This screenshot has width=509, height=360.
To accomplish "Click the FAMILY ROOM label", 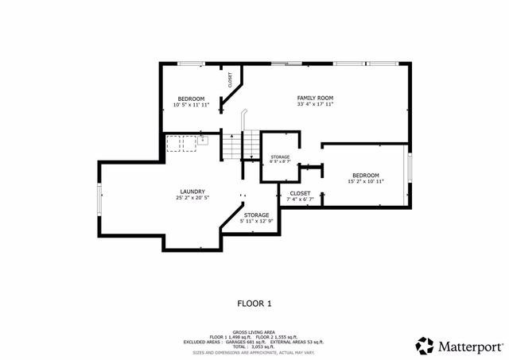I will pyautogui.click(x=314, y=97).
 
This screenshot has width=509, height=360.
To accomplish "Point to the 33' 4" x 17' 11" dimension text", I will pyautogui.click(x=314, y=104).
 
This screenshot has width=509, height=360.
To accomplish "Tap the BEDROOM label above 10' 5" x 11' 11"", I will pyautogui.click(x=190, y=98).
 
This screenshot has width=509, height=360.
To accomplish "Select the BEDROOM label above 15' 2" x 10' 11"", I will pyautogui.click(x=365, y=175).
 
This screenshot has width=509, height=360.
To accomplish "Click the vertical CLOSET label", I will pyautogui.click(x=230, y=79).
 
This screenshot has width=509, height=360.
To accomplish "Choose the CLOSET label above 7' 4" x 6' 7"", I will pyautogui.click(x=300, y=193).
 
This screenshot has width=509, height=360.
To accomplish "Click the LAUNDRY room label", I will pyautogui.click(x=192, y=191).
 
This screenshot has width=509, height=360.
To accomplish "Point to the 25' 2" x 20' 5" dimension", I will pyautogui.click(x=192, y=198).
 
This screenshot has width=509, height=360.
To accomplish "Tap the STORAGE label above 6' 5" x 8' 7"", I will pyautogui.click(x=280, y=157).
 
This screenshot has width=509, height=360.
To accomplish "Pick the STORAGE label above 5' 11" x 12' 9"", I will pyautogui.click(x=256, y=215).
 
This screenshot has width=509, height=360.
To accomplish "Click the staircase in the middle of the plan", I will pyautogui.click(x=248, y=145).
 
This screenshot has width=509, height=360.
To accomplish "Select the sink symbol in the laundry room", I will pyautogui.click(x=202, y=140).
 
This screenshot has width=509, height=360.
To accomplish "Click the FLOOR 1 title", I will pyautogui.click(x=254, y=303).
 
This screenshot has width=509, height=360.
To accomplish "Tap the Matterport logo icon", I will pyautogui.click(x=425, y=345).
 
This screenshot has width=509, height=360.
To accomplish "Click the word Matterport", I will pyautogui.click(x=470, y=345).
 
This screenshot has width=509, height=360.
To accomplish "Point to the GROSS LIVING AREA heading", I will pyautogui.click(x=254, y=331).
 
